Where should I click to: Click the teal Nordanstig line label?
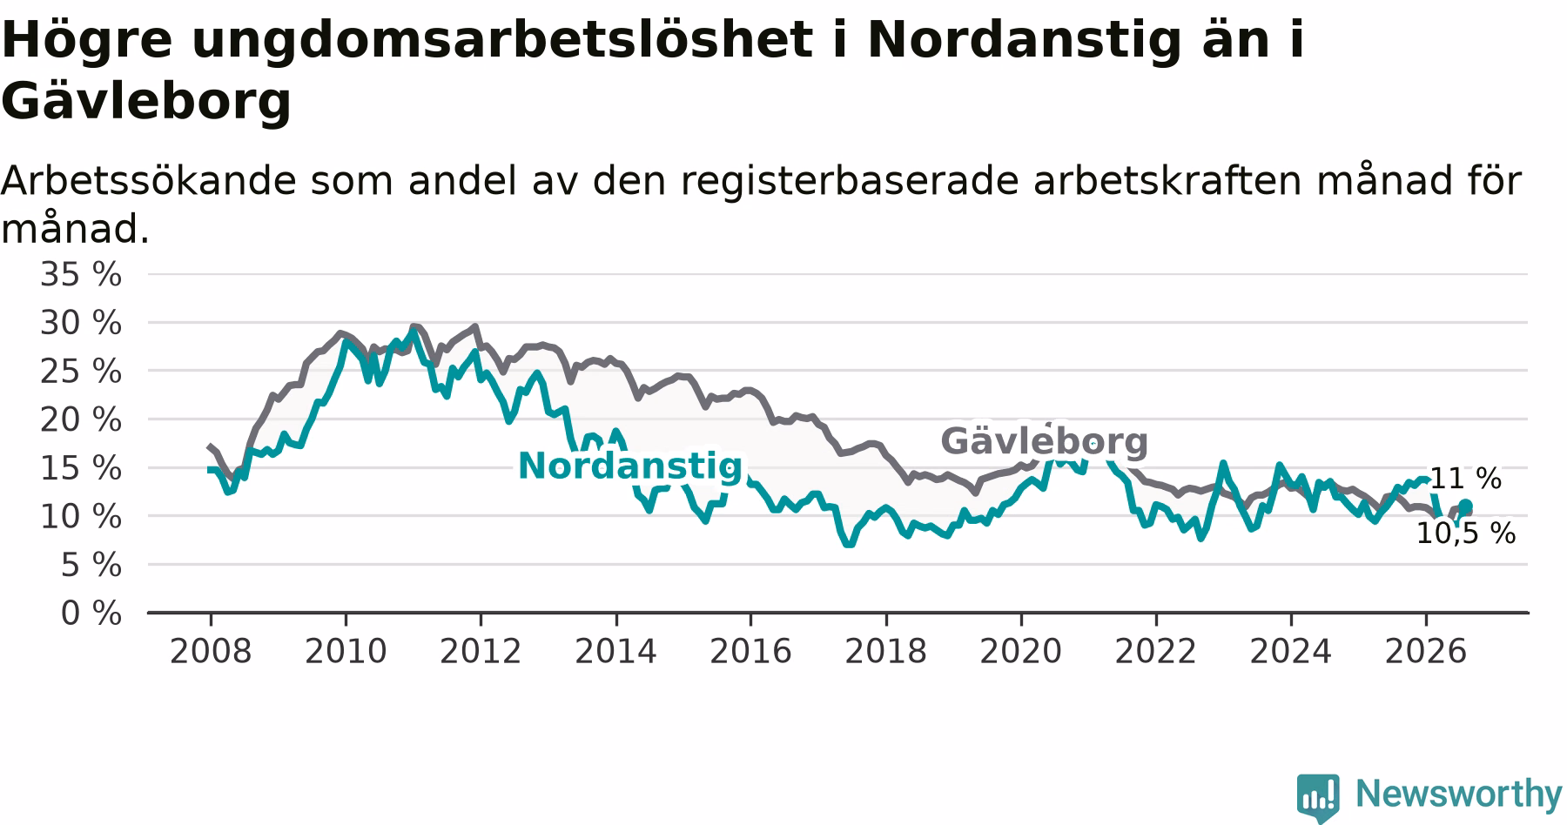coord(630,467)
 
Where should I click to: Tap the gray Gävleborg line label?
coord(1045,442)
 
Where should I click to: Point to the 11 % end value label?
coord(1466,479)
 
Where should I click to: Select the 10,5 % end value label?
coord(1466,533)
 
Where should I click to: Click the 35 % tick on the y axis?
coord(81,275)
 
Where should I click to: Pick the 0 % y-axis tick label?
coord(91,614)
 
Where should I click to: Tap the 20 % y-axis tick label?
coord(81,420)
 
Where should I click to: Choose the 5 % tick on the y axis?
coord(91,566)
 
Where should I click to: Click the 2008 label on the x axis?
coord(211,652)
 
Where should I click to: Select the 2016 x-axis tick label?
coord(750,652)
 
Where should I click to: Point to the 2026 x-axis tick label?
coord(1426,652)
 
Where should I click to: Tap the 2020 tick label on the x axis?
coord(1021,652)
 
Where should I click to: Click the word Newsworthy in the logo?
coord(1459,794)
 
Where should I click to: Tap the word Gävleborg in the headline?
coord(146,102)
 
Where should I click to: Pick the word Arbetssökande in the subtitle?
coord(148,181)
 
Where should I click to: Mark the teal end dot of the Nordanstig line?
coord(1466,506)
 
